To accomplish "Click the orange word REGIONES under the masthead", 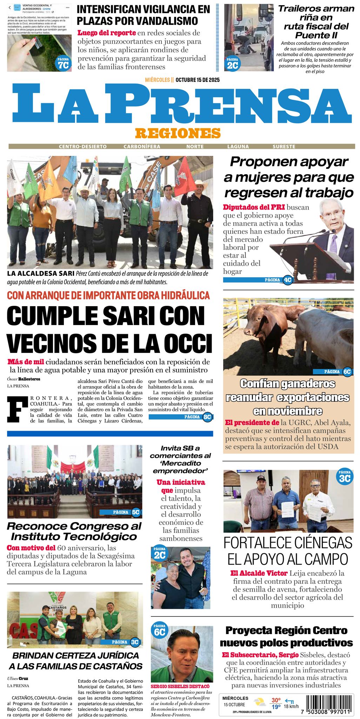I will (178, 133).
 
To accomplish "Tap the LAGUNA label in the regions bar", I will (238, 146).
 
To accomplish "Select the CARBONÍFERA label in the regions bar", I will (142, 146).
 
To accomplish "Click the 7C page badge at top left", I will (64, 64).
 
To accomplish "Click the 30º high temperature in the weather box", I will (276, 700).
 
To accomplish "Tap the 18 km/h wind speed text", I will (291, 706).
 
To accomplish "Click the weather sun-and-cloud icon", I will (260, 702).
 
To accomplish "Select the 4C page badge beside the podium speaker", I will (288, 280).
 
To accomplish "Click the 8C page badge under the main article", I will (207, 417).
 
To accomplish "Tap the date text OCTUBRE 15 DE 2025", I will (198, 80).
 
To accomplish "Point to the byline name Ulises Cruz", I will (18, 679).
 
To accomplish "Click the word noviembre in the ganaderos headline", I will (288, 411).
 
